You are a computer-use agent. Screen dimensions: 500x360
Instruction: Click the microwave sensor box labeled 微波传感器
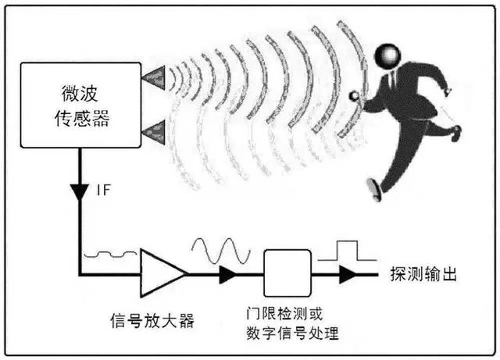point(80,105)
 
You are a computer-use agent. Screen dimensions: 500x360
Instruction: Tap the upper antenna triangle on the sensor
point(155,77)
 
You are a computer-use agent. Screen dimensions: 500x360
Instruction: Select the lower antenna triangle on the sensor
point(155,132)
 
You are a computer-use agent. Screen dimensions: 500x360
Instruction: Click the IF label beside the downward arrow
point(103,190)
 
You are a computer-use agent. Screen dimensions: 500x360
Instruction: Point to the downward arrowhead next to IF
point(80,192)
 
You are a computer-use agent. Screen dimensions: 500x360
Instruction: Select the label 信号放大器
point(152,320)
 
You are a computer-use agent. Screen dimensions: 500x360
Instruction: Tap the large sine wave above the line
point(221,251)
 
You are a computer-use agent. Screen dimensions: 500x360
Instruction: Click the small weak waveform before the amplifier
point(110,254)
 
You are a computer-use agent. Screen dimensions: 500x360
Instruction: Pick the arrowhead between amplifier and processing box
point(228,274)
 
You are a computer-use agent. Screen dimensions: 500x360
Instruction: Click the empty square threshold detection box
point(287,273)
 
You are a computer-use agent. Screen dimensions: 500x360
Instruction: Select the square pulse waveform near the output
point(347,251)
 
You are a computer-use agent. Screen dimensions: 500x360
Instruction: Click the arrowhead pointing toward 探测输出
point(348,274)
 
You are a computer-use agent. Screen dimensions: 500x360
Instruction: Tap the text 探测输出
point(423,274)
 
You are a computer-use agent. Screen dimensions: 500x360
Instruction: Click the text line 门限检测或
point(284,314)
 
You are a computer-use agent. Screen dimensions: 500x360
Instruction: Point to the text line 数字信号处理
point(292,333)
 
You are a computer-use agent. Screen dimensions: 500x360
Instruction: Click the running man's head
point(387,56)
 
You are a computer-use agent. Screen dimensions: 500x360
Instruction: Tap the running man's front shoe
point(375,190)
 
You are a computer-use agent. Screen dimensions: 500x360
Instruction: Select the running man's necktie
point(393,80)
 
